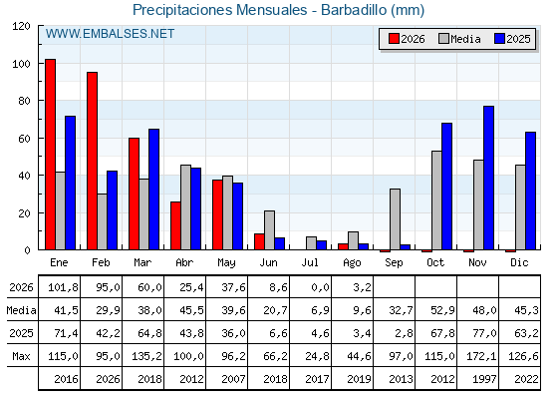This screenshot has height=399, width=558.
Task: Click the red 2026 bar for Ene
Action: (x=50, y=155)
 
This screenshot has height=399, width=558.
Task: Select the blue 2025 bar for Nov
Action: (x=488, y=178)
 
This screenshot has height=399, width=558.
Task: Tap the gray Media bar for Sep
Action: (x=395, y=219)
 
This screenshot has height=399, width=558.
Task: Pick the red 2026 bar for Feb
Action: (x=92, y=161)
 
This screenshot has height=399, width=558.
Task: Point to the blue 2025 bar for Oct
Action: (x=446, y=187)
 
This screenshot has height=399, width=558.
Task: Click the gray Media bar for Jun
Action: (x=269, y=230)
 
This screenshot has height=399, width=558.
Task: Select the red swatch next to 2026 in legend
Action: (x=394, y=39)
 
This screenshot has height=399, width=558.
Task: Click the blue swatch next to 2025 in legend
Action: (x=499, y=39)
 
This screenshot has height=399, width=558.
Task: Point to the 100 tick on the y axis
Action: (x=22, y=64)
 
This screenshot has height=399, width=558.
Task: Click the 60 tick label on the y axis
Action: (x=25, y=139)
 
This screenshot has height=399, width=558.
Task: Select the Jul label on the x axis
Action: (x=310, y=262)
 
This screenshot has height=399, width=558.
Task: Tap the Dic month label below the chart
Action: (x=519, y=262)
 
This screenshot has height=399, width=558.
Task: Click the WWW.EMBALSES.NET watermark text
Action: (x=110, y=34)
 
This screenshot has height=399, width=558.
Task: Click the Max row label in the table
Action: (x=21, y=356)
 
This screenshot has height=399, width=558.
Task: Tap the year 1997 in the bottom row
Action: (x=484, y=379)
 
